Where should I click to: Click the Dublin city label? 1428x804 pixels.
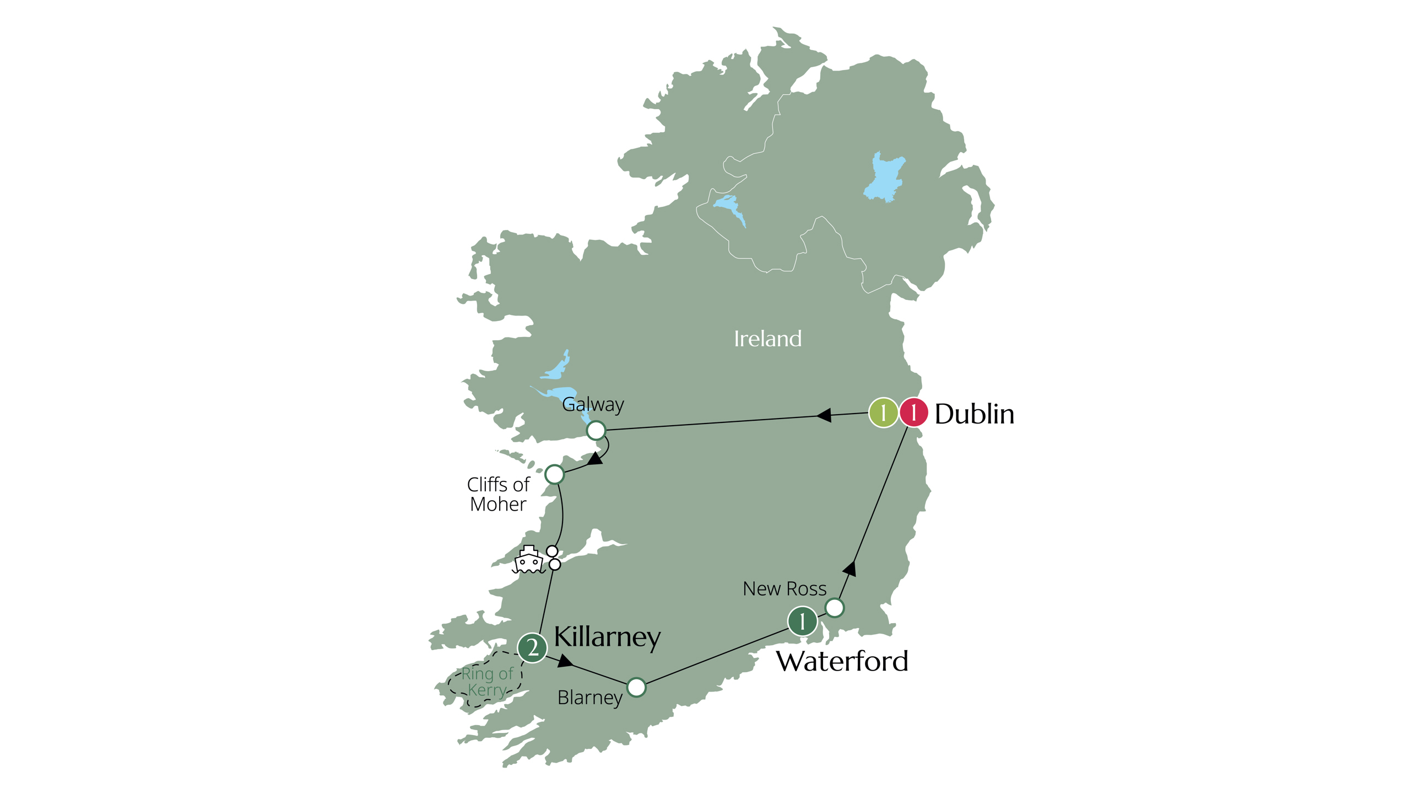pos(974,414)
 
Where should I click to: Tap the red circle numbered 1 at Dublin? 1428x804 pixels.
pos(913,413)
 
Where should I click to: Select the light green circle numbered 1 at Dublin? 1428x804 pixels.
pos(883,413)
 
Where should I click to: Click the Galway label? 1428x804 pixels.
pos(593,405)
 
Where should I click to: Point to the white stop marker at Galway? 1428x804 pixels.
pos(596,430)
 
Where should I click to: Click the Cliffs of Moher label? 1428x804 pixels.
pos(498,494)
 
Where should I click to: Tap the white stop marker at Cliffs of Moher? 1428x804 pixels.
pos(554,474)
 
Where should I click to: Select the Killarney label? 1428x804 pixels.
pos(607,636)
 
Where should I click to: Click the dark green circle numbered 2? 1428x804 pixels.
pos(532,647)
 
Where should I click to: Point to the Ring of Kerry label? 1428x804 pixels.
pos(486,682)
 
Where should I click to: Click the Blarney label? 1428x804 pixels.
pos(590,698)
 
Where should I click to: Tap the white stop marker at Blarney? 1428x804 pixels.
pos(636,687)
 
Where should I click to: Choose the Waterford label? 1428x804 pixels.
pos(841,661)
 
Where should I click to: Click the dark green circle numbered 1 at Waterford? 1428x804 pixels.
pos(802,621)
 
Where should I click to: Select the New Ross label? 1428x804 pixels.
pos(785,589)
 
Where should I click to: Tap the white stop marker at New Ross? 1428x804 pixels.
pos(834,608)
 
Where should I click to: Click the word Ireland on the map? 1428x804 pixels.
pos(768,339)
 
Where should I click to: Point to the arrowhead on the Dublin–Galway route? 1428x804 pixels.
pos(824,415)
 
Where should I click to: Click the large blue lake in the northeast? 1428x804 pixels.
pos(885,176)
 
